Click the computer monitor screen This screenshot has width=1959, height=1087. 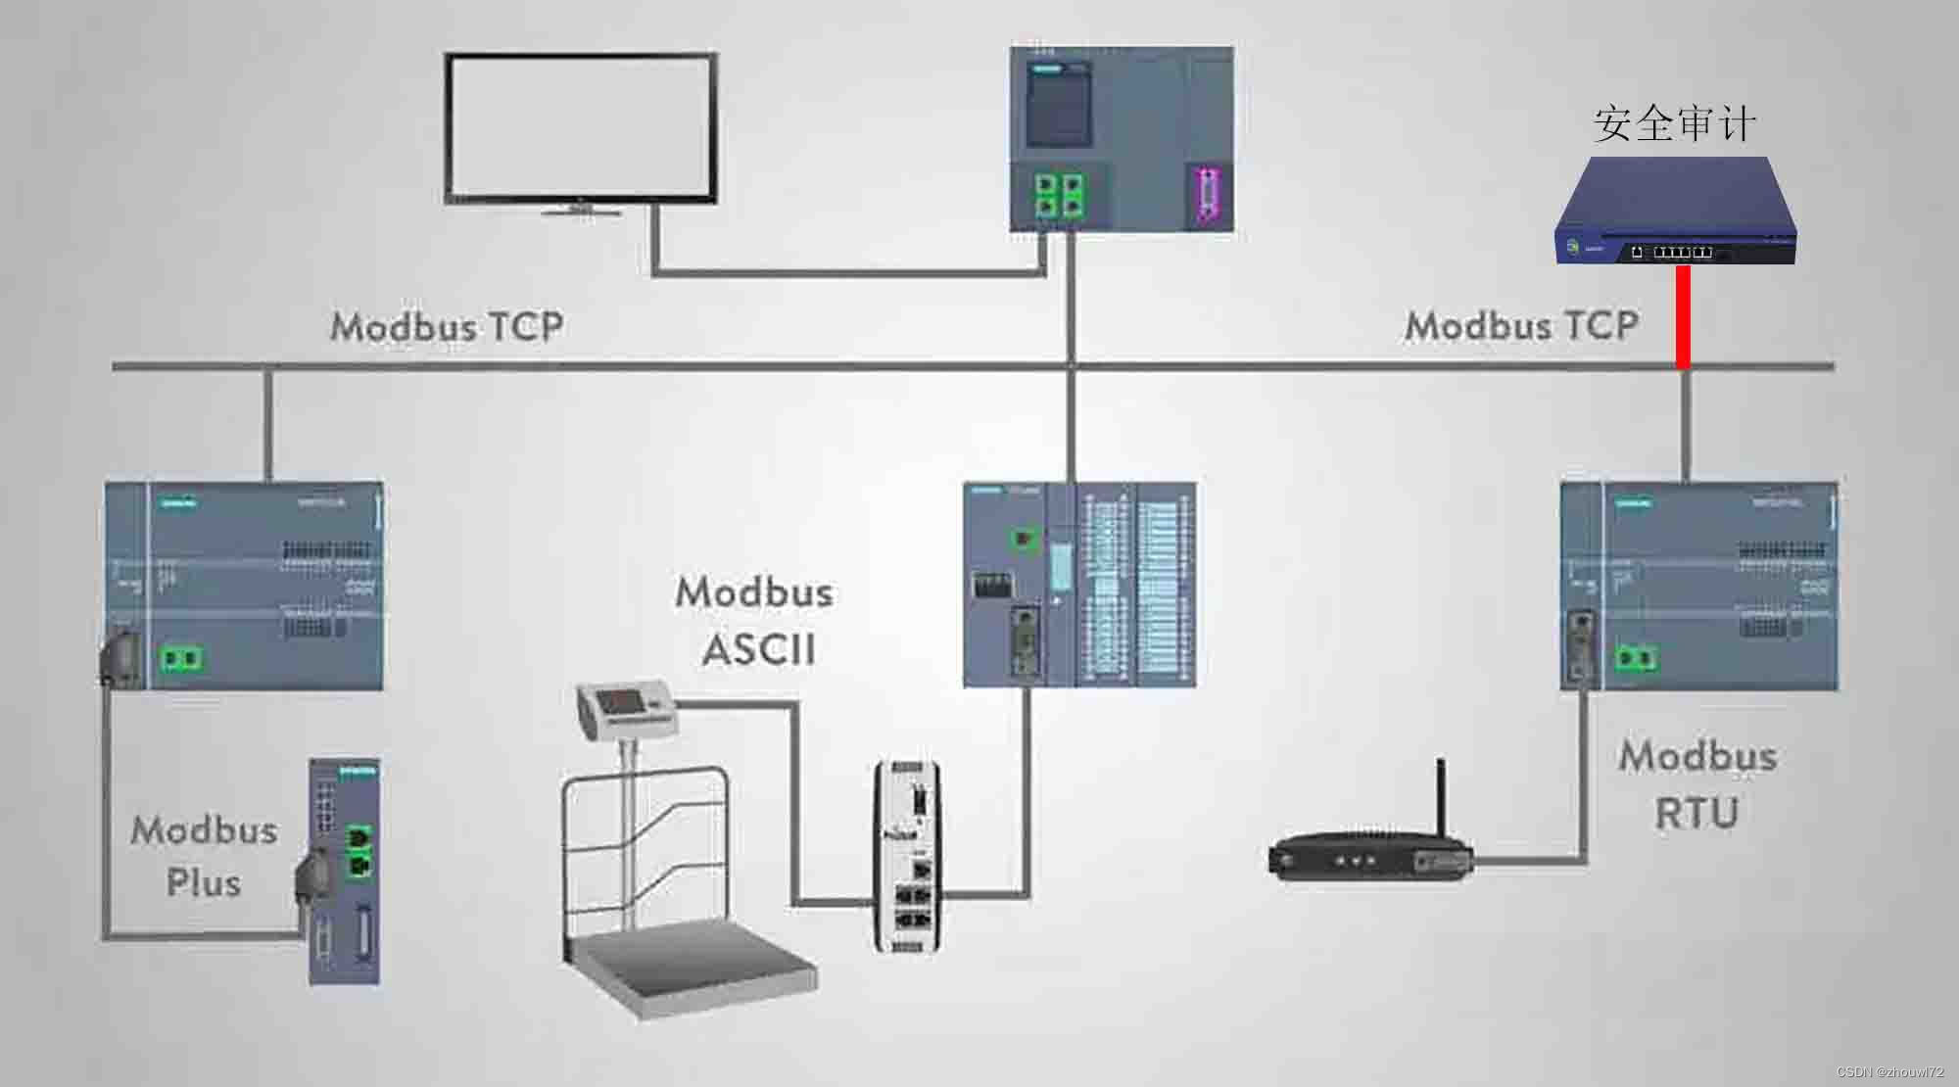pyautogui.click(x=580, y=127)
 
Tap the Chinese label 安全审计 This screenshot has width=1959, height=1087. pyautogui.click(x=1674, y=124)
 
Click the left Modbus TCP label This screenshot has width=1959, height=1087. pyautogui.click(x=447, y=326)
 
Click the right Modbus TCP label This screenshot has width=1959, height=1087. pyautogui.click(x=1521, y=326)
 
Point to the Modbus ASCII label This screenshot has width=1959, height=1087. pyautogui.click(x=755, y=621)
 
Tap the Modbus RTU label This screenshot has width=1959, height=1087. pyautogui.click(x=1697, y=784)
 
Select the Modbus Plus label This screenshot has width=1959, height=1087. pyautogui.click(x=204, y=856)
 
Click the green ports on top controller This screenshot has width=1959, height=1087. pyautogui.click(x=1060, y=194)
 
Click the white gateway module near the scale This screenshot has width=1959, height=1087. pyautogui.click(x=908, y=856)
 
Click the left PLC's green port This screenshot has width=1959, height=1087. pyautogui.click(x=180, y=657)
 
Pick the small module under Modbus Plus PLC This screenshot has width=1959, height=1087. pyautogui.click(x=345, y=871)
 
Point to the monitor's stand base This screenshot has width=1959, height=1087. pyautogui.click(x=582, y=209)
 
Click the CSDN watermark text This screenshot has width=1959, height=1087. pyautogui.click(x=1889, y=1072)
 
